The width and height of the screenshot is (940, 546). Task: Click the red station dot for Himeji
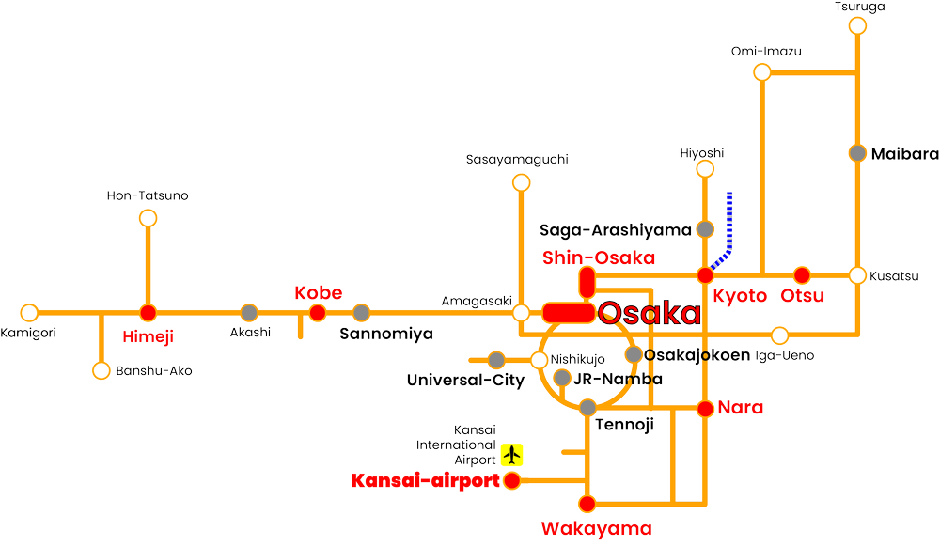(148, 312)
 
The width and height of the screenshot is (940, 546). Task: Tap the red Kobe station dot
(318, 312)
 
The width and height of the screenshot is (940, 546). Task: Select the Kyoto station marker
(705, 275)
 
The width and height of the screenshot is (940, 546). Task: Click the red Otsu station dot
(801, 275)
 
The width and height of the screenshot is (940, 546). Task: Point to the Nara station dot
(705, 408)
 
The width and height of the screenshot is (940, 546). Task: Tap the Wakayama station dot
(588, 503)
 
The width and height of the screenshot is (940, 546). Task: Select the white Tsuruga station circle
(857, 25)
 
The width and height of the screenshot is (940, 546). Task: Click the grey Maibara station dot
(857, 152)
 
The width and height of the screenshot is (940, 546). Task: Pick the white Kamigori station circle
(30, 312)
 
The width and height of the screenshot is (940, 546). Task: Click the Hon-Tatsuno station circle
(148, 218)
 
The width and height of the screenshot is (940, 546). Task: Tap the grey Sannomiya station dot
(362, 312)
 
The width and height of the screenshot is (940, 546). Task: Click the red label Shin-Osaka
(597, 258)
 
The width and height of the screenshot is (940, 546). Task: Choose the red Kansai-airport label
(423, 481)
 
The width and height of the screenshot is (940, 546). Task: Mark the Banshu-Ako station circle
(101, 370)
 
